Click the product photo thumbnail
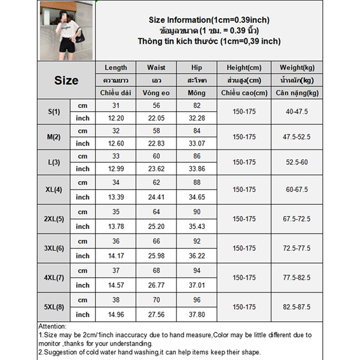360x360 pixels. pyautogui.click(x=66, y=31)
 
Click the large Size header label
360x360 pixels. pyautogui.click(x=66, y=80)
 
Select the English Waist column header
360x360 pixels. pyautogui.click(x=156, y=68)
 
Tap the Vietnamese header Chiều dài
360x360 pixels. pyautogui.click(x=116, y=93)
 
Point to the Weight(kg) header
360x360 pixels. pyautogui.click(x=296, y=68)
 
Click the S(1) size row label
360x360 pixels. pyautogui.click(x=54, y=112)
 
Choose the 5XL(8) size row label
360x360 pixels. pyautogui.click(x=54, y=307)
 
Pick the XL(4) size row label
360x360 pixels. pyautogui.click(x=54, y=190)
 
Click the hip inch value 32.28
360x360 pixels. pyautogui.click(x=197, y=118)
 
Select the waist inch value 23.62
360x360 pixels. pyautogui.click(x=156, y=169)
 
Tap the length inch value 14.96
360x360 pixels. pyautogui.click(x=116, y=315)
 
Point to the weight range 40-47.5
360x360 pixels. pyautogui.click(x=296, y=112)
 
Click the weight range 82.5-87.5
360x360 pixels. pyautogui.click(x=296, y=307)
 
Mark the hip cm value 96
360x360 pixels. pyautogui.click(x=197, y=300)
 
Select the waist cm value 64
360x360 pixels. pyautogui.click(x=156, y=212)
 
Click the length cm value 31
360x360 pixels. pyautogui.click(x=116, y=106)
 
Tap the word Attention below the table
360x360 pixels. pyautogui.click(x=52, y=327)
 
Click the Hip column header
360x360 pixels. pyautogui.click(x=197, y=68)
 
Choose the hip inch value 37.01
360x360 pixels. pyautogui.click(x=197, y=285)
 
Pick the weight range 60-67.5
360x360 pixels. pyautogui.click(x=296, y=190)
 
